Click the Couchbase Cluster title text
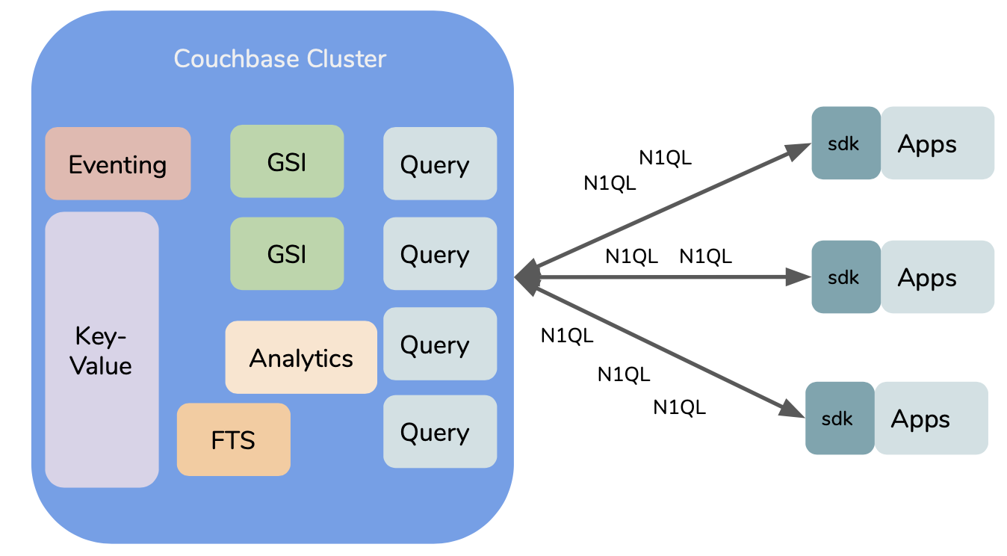pyautogui.click(x=279, y=59)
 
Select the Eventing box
pyautogui.click(x=117, y=164)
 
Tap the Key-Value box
pyautogui.click(x=102, y=350)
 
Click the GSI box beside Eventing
pyautogui.click(x=287, y=162)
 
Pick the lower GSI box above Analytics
pyautogui.click(x=287, y=254)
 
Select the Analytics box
pyautogui.click(x=301, y=358)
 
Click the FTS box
pyautogui.click(x=233, y=439)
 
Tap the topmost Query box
pyautogui.click(x=440, y=164)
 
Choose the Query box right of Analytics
pyautogui.click(x=440, y=344)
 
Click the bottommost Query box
pyautogui.click(x=440, y=431)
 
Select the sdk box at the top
pyautogui.click(x=846, y=143)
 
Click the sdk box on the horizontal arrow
pyautogui.click(x=846, y=277)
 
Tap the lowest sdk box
pyautogui.click(x=839, y=418)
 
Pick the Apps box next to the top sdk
pyautogui.click(x=937, y=143)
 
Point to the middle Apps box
pyautogui.click(x=937, y=277)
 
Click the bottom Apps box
pyautogui.click(x=931, y=418)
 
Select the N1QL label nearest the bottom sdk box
pyautogui.click(x=679, y=407)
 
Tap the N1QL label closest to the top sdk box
pyautogui.click(x=665, y=158)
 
